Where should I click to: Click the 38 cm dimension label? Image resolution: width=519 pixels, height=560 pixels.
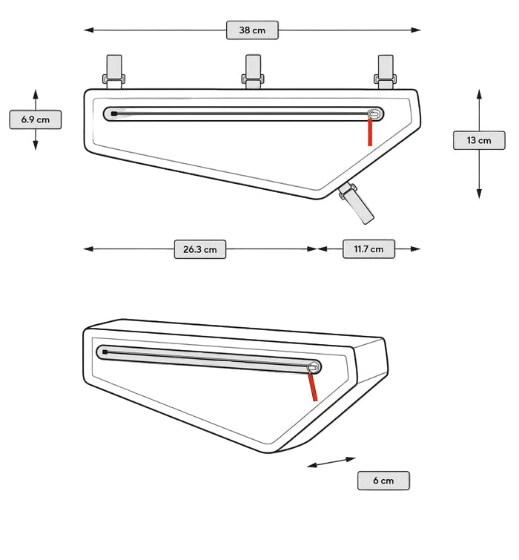click(x=252, y=30)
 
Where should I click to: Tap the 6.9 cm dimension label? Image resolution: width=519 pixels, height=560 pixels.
click(x=36, y=119)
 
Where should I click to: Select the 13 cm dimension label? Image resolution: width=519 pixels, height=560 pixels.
click(x=479, y=140)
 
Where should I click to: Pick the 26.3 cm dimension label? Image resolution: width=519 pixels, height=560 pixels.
click(x=200, y=249)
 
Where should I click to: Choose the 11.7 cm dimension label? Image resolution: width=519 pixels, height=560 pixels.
click(x=368, y=248)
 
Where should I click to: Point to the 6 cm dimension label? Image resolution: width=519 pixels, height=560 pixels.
click(x=383, y=481)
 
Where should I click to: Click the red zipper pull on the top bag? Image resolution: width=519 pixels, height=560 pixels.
click(x=370, y=132)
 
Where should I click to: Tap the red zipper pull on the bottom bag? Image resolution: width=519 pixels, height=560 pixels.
click(x=313, y=387)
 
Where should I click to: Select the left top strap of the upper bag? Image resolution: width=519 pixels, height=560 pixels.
click(x=114, y=72)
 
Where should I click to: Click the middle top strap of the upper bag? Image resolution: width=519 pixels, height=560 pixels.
click(x=253, y=72)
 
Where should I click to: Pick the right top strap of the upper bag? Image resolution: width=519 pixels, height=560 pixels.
click(x=386, y=72)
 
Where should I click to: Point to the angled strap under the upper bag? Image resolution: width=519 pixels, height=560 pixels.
click(x=356, y=202)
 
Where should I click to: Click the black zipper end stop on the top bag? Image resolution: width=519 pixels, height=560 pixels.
click(x=114, y=113)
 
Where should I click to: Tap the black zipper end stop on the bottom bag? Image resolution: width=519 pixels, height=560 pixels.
click(x=105, y=352)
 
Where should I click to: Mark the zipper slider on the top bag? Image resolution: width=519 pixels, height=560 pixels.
click(x=374, y=114)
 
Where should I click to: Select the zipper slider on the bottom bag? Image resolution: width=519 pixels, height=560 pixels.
click(x=314, y=367)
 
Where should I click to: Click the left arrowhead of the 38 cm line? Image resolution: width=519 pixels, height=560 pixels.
click(x=88, y=30)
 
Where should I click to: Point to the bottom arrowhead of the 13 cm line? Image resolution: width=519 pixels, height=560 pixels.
click(x=479, y=194)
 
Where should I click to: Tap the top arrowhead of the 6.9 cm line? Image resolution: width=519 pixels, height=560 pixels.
click(x=36, y=94)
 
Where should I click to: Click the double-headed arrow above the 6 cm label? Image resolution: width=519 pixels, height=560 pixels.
click(x=331, y=462)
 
